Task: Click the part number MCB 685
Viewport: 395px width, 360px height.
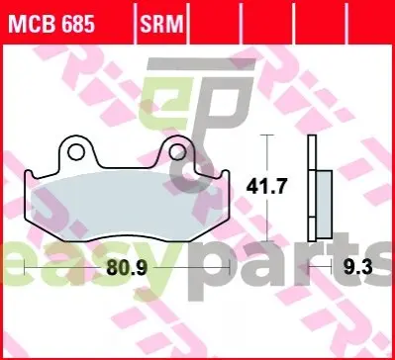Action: point(51,23)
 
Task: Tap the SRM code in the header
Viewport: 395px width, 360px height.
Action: point(161,23)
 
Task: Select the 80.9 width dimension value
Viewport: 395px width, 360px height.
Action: point(127,268)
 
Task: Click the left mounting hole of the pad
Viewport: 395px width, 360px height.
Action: point(75,152)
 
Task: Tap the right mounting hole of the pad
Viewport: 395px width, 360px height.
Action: point(177,152)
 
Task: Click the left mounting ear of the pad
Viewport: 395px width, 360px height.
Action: point(76,151)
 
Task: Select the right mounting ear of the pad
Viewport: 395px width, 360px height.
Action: point(177,151)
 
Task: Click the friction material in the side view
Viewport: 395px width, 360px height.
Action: point(324,204)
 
